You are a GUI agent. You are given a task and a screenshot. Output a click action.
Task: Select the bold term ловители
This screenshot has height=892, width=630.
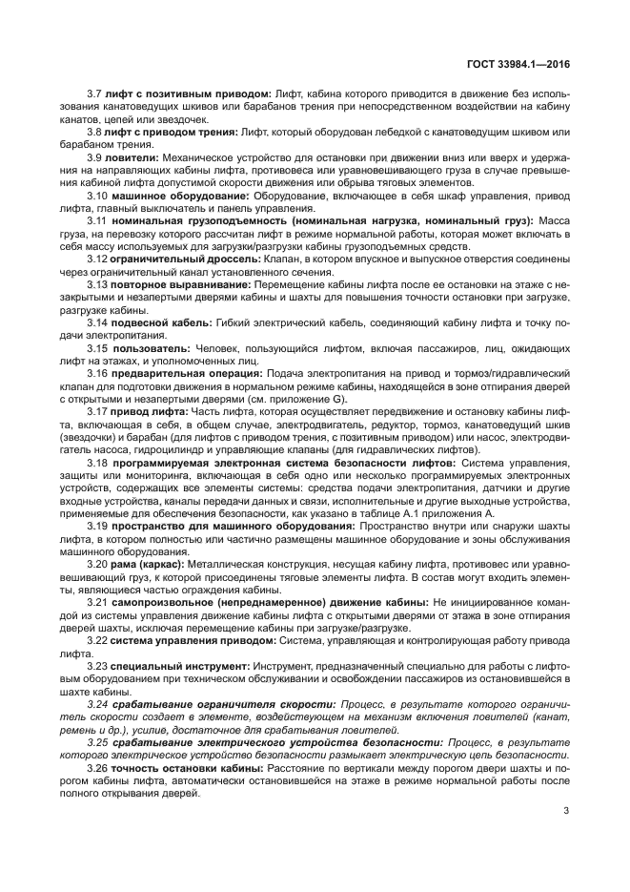tap(134, 156)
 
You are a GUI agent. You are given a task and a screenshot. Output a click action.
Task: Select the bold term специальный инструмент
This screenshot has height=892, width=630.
tap(169, 668)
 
